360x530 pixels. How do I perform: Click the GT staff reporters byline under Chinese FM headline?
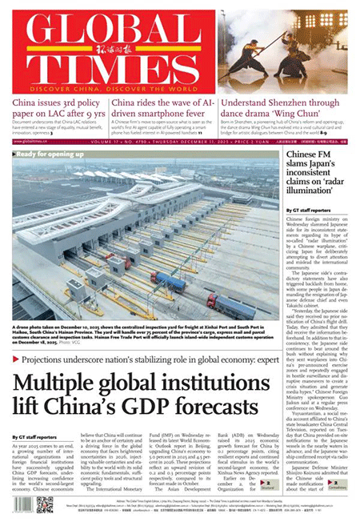coord(306,209)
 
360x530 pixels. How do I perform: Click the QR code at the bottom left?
coord(44,504)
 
